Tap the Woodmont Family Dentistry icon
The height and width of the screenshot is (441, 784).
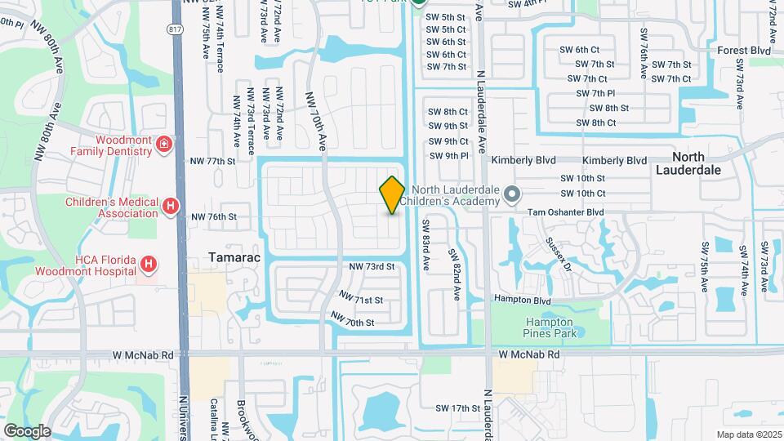point(165,145)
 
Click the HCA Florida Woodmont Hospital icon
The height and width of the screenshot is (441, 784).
point(148,264)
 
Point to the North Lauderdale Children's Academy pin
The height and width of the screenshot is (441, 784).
point(512,194)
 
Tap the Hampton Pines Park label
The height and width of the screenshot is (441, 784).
point(550,327)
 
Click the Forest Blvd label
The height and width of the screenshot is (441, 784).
point(744,51)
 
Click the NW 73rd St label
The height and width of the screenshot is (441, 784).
point(372,267)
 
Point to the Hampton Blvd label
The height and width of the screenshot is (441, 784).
point(522,301)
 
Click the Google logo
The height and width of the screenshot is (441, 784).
point(28,430)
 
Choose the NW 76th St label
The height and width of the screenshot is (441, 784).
point(213,217)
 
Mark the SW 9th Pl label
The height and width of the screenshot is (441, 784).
point(448,155)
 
